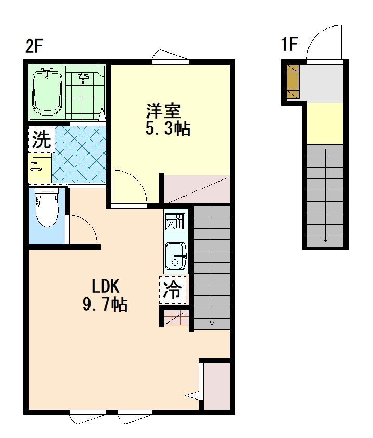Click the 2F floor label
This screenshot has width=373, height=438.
tap(34, 46)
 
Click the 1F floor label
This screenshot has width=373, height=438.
tap(289, 45)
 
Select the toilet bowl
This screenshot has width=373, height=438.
tap(47, 208)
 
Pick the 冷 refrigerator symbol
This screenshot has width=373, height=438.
tap(172, 290)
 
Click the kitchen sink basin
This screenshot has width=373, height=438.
tap(176, 256)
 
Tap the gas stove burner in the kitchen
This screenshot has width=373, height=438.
tap(175, 222)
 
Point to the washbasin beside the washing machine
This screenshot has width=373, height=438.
tap(40, 168)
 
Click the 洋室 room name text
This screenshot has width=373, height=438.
tap(163, 111)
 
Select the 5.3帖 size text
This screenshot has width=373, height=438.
tap(168, 129)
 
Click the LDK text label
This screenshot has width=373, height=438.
tap(106, 286)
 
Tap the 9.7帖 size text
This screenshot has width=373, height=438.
tap(105, 304)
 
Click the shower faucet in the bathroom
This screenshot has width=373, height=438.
tap(82, 78)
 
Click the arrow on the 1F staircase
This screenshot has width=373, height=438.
tap(325, 196)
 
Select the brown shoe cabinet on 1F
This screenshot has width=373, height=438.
tap(293, 82)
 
